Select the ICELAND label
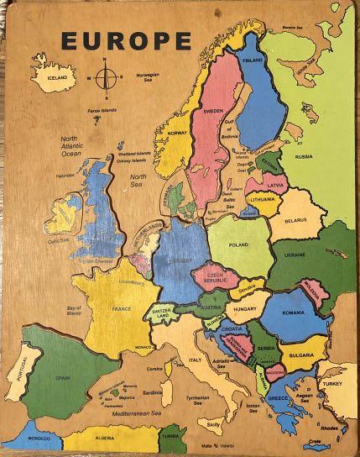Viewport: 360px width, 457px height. pos(50,76)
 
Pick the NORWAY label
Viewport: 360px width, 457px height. pos(177,133)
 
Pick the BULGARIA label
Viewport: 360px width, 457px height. pos(301,355)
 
